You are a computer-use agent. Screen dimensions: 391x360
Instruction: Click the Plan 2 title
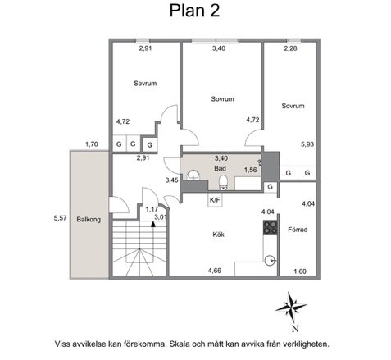[194, 11]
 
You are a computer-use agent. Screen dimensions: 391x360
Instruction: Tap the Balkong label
[89, 220]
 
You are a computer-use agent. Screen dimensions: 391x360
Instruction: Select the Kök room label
[219, 235]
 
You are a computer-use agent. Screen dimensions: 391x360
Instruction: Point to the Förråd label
[298, 230]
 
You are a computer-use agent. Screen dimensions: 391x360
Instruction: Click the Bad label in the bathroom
[220, 168]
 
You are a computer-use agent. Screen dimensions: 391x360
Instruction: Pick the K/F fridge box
[215, 200]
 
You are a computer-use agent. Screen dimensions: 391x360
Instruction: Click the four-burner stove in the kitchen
[271, 227]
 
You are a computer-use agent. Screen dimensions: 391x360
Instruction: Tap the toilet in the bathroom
[223, 182]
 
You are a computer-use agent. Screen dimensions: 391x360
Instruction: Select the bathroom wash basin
[193, 175]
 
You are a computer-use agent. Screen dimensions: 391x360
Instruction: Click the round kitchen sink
[271, 261]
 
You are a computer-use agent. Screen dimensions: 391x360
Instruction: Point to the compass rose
[291, 307]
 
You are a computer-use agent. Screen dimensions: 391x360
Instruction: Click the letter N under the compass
[294, 328]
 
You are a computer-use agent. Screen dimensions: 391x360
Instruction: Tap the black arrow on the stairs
[153, 224]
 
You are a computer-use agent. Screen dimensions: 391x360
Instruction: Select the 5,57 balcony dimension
[60, 218]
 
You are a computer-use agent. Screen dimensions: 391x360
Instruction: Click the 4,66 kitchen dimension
[215, 271]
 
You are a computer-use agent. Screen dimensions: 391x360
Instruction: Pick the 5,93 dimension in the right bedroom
[307, 144]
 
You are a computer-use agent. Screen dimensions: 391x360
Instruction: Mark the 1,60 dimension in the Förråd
[300, 271]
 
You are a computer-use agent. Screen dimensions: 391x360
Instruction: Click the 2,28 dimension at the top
[290, 48]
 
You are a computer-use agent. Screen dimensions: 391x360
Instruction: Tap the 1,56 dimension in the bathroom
[251, 170]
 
